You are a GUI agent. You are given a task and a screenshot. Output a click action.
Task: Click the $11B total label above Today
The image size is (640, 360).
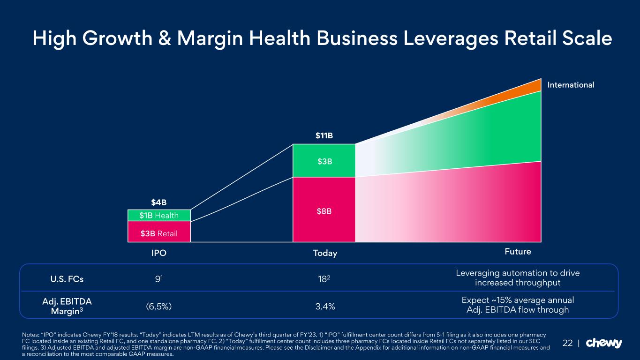[x=324, y=136]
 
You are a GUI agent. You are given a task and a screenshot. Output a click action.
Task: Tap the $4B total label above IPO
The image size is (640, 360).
[x=159, y=202]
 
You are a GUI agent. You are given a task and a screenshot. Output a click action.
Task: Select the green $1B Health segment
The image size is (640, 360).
[x=159, y=215]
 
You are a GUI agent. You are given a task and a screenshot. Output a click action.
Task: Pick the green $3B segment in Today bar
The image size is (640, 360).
[x=324, y=161]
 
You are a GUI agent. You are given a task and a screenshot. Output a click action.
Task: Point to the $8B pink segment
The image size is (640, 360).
[x=324, y=211]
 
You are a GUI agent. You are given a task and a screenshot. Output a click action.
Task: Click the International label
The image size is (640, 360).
[x=571, y=85]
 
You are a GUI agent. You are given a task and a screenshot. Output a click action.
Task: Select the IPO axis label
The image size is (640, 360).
[x=159, y=253]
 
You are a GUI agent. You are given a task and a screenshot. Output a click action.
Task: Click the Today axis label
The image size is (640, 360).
[x=325, y=253]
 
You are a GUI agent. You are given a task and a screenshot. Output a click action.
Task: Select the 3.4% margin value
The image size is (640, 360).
[x=325, y=307]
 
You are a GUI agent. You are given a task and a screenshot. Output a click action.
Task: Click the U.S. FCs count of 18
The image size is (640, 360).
[x=324, y=279]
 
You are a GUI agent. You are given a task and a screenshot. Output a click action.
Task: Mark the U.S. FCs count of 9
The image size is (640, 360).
[x=158, y=279]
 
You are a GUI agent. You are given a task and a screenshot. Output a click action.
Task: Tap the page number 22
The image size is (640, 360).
[x=567, y=343]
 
